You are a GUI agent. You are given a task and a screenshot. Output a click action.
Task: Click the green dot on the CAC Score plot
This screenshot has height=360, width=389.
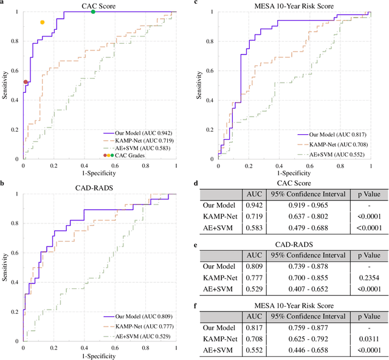(92, 12)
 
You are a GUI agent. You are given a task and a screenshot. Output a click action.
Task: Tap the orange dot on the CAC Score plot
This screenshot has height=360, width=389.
(42, 22)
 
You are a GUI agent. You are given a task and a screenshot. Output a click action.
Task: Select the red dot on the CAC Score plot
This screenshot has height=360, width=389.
(26, 81)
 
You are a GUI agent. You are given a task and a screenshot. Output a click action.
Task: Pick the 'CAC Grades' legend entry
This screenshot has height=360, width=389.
(129, 155)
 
